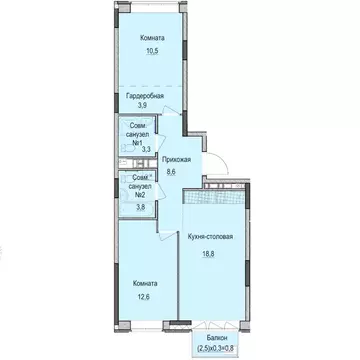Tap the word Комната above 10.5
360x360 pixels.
tap(153, 38)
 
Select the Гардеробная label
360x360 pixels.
tap(145, 95)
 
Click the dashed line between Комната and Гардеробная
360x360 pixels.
tap(145, 83)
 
